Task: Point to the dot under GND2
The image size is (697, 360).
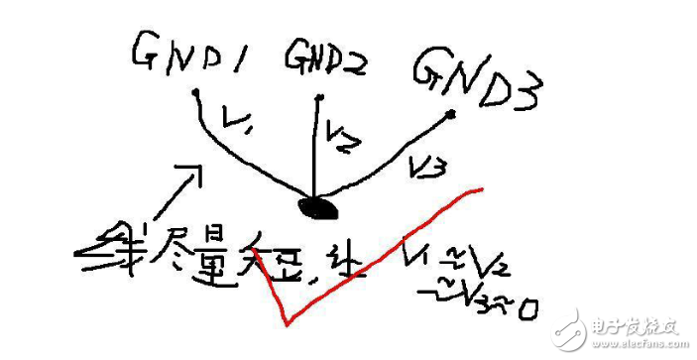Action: coord(317,97)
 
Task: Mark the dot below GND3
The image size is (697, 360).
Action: coord(452,115)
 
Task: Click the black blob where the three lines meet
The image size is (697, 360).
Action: coord(319,207)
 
